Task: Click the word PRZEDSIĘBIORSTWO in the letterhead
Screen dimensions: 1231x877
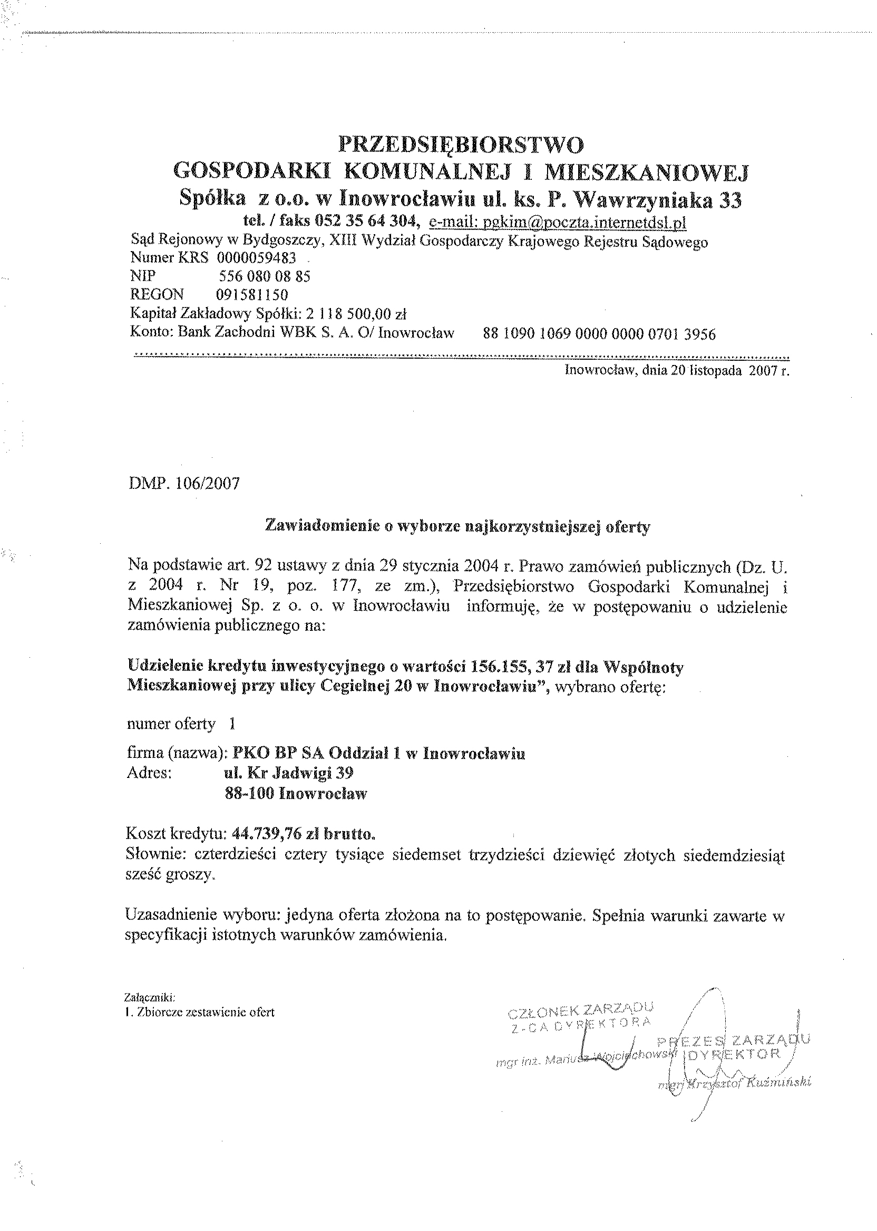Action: [461, 145]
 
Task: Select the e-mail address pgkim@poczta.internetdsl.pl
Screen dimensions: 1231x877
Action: [558, 222]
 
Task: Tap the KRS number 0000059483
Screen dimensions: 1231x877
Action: [256, 258]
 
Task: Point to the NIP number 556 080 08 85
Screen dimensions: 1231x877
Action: [264, 277]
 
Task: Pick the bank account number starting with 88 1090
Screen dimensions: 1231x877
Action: [599, 334]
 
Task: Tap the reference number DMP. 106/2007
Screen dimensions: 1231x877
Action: [184, 483]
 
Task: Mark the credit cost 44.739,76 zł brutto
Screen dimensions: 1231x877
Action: [303, 834]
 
